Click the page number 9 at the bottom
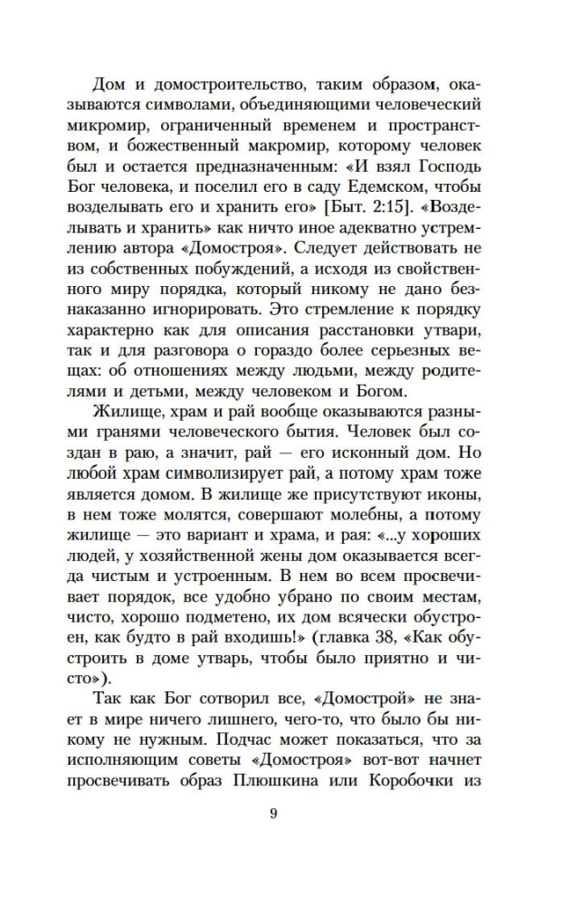pos(272,812)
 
